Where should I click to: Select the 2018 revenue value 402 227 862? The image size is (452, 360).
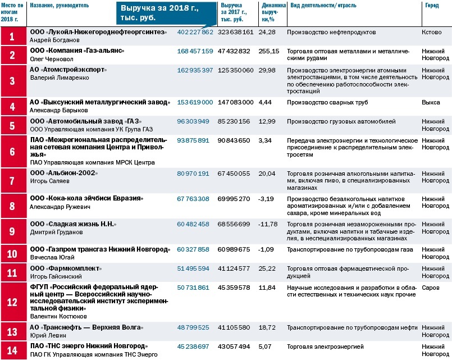point(195,32)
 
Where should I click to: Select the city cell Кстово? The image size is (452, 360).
point(431,32)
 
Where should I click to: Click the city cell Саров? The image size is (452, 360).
point(430,287)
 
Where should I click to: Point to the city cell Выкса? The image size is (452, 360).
point(431,102)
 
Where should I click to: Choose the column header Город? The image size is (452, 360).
point(430,4)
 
